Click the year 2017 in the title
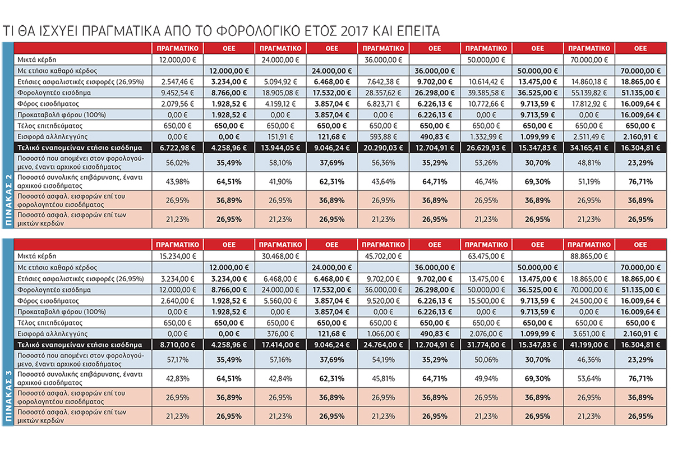pyautogui.click(x=354, y=31)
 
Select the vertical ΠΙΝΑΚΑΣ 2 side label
pyautogui.click(x=8, y=200)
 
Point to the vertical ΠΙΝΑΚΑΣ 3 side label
pyautogui.click(x=8, y=396)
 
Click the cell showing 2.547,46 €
pyautogui.click(x=178, y=82)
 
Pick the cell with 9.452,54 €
pyautogui.click(x=178, y=93)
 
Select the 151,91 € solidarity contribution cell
pyautogui.click(x=280, y=137)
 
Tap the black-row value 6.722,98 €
pyautogui.click(x=178, y=148)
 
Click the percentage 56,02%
pyautogui.click(x=178, y=163)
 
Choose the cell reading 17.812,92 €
pyautogui.click(x=589, y=104)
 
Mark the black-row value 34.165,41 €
pyautogui.click(x=589, y=148)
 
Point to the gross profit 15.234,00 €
pyautogui.click(x=178, y=256)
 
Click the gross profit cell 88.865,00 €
pyautogui.click(x=589, y=256)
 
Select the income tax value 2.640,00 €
pyautogui.click(x=178, y=301)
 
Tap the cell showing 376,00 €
pyautogui.click(x=280, y=334)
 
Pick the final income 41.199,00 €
pyautogui.click(x=589, y=345)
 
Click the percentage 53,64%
pyautogui.click(x=589, y=379)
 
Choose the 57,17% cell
pyautogui.click(x=178, y=360)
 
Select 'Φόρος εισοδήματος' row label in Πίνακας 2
pyautogui.click(x=48, y=104)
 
